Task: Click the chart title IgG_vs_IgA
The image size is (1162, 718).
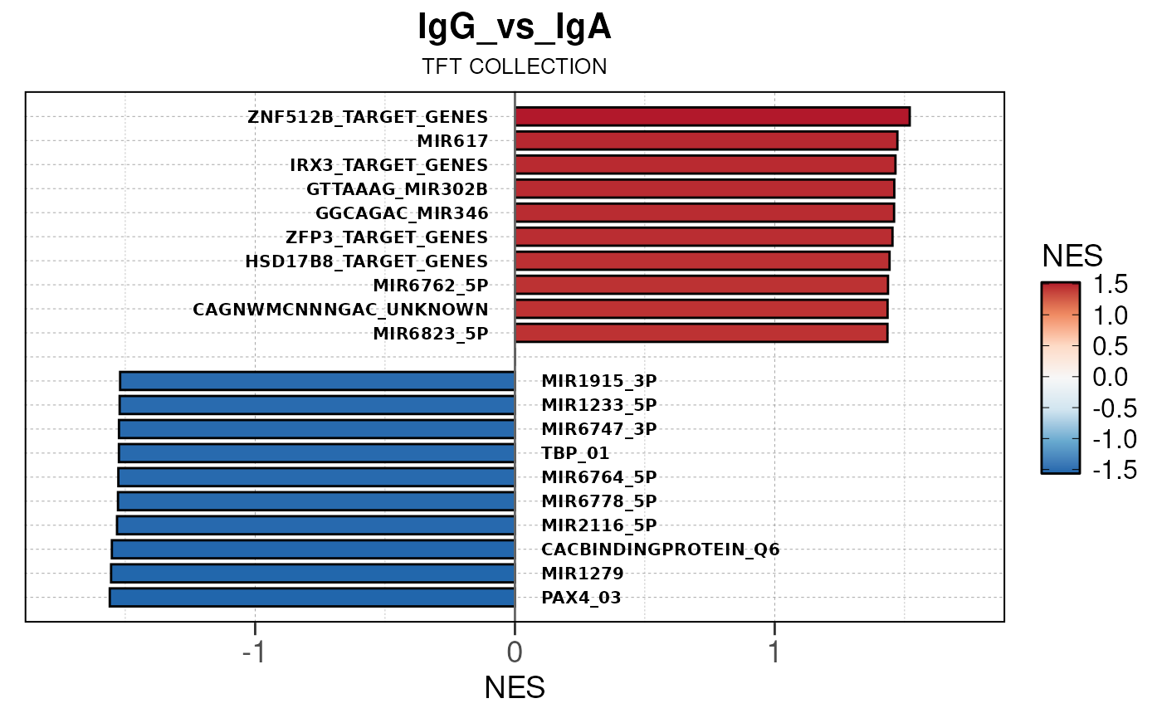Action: (x=515, y=28)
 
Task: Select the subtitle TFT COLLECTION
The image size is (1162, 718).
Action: (x=515, y=67)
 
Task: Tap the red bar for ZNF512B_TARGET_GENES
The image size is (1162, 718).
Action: (x=712, y=116)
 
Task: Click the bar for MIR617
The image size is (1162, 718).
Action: (x=705, y=140)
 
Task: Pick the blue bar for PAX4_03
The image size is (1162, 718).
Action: (x=312, y=598)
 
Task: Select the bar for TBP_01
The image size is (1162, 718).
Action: (x=317, y=453)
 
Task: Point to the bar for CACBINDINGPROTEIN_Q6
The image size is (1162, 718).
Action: (x=314, y=549)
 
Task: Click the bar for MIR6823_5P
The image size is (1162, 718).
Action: (x=701, y=333)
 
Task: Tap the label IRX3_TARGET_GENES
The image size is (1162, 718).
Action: (x=388, y=164)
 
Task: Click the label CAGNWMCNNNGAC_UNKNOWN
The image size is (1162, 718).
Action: (x=340, y=310)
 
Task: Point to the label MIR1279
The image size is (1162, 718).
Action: (x=583, y=574)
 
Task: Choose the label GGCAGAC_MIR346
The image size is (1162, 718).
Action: (x=402, y=212)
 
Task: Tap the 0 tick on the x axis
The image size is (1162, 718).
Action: (x=515, y=653)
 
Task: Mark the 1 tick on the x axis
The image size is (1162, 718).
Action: (x=774, y=653)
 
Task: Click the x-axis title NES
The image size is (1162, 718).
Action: (x=515, y=688)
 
